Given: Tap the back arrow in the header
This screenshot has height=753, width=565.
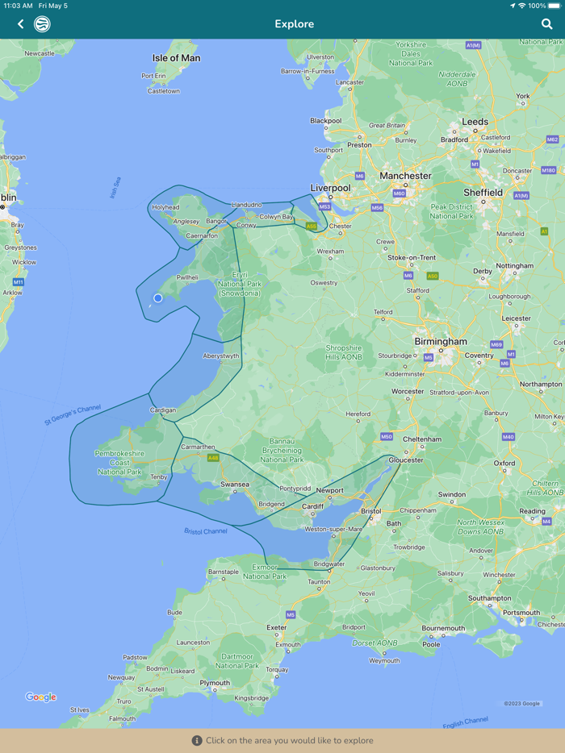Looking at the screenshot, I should (21, 24).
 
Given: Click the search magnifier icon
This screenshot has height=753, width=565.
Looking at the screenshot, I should (546, 24).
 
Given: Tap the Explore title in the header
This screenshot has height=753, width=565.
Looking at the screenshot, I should (294, 24).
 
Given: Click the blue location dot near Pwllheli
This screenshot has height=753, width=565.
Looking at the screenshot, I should (158, 298).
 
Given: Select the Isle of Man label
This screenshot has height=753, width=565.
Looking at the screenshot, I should (176, 58).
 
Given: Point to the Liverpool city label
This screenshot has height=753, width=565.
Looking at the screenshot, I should (330, 188).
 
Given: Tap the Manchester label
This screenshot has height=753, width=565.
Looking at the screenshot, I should (405, 176).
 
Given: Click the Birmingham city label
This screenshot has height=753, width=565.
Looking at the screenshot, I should (441, 341).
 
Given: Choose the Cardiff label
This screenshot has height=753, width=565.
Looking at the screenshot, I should (312, 506).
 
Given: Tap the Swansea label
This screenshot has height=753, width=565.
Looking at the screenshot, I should (235, 485).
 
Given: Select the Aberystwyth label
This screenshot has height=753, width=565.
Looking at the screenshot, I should (220, 356).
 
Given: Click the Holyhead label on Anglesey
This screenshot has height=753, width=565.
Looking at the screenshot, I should (165, 207).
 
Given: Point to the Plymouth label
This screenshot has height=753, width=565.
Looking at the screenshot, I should (215, 683).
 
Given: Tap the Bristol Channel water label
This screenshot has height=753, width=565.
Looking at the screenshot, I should (205, 531).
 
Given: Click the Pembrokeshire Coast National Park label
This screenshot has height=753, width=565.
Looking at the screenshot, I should (119, 462).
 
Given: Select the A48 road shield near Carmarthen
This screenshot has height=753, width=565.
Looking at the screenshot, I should (213, 458).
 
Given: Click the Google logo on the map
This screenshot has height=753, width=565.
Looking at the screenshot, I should (40, 697).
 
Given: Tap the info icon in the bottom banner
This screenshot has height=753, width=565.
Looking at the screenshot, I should (197, 740).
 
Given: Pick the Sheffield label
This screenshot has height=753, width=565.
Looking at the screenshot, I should (483, 193).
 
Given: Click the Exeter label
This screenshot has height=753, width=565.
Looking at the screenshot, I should (276, 627).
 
